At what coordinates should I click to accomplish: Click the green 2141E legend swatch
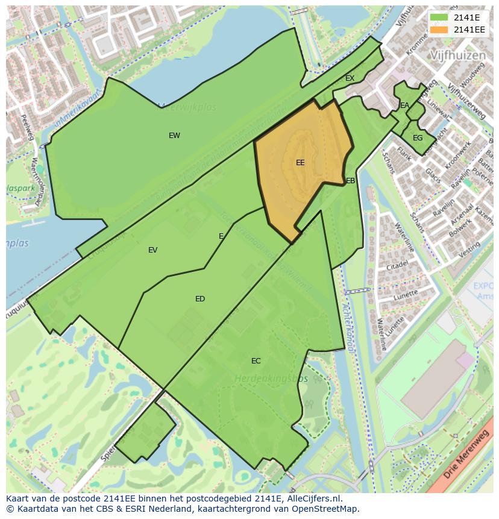(439, 17)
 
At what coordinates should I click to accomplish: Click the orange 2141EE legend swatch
(439, 30)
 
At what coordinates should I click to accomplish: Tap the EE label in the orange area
(300, 163)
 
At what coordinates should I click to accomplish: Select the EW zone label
(174, 136)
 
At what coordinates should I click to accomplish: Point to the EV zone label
(152, 250)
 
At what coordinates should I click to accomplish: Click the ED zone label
(200, 299)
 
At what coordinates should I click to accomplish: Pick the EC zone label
(256, 361)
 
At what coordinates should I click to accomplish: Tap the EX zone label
(350, 78)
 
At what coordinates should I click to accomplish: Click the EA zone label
(404, 105)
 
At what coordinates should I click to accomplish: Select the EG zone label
(418, 138)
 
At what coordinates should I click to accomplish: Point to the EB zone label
(350, 181)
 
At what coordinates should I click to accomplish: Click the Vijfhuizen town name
(458, 55)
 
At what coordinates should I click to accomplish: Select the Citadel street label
(398, 265)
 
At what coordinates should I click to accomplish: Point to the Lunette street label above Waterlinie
(406, 295)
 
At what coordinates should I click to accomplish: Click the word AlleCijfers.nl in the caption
(312, 499)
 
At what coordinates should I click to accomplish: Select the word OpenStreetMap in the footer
(325, 509)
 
